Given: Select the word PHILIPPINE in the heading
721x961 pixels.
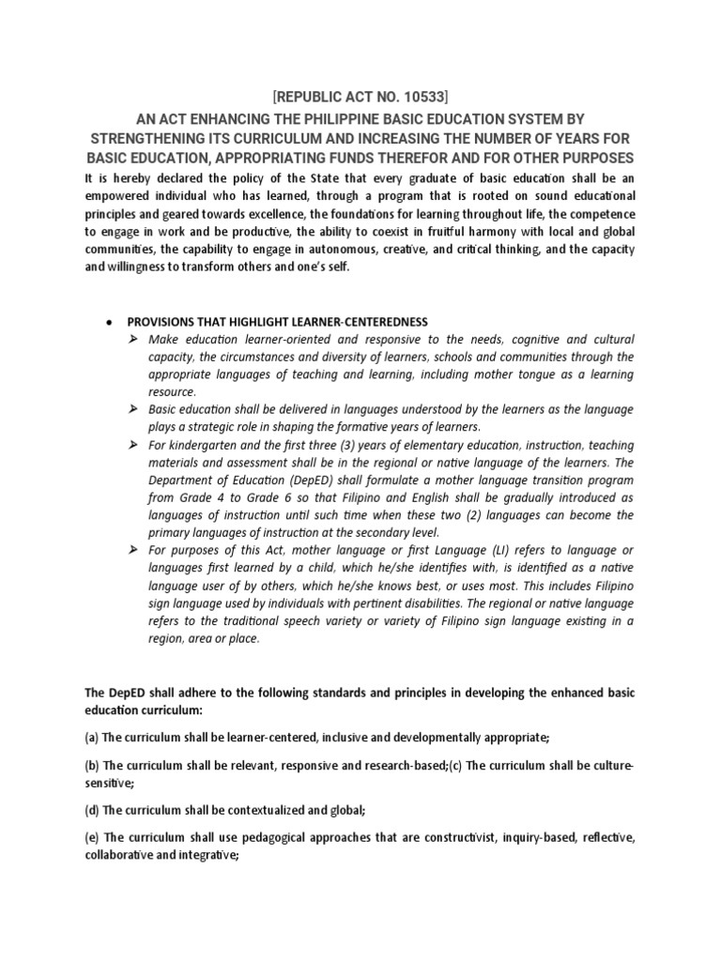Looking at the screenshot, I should (350, 118).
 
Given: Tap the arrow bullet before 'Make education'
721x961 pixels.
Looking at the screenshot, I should (134, 339).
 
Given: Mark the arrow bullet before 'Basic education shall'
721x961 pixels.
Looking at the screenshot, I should (134, 410).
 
